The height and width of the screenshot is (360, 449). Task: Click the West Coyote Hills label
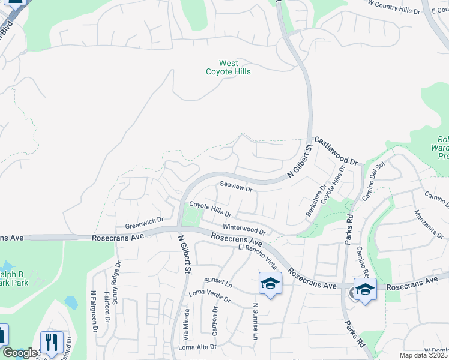pos(228,67)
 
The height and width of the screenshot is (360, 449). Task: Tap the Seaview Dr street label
pos(236,187)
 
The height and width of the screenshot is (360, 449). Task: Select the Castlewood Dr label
pos(336,150)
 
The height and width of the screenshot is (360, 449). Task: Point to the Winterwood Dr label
pos(244,229)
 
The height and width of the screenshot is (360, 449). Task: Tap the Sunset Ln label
pos(217,281)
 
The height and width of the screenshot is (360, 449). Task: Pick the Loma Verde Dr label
pos(209,295)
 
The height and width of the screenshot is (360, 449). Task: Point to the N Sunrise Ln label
pos(255,321)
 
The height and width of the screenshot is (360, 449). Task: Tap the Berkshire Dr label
pos(316,193)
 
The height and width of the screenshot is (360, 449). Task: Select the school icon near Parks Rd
pos(364,289)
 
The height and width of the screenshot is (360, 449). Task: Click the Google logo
pos(19,353)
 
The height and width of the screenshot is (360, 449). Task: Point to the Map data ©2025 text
pos(423,355)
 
